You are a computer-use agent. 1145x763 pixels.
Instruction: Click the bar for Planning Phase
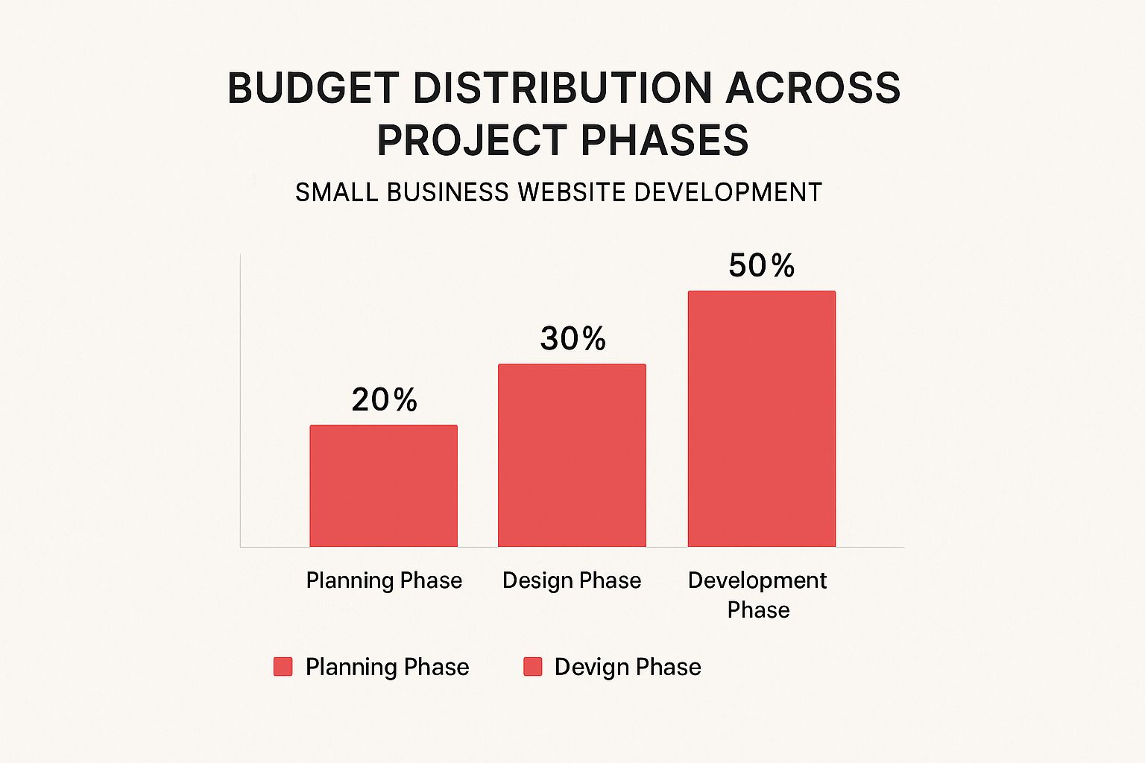coord(383,486)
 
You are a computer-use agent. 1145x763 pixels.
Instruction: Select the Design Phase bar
coord(572,455)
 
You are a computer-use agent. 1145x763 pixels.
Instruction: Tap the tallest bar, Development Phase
coord(761,419)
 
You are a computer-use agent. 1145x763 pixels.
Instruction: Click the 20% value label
coord(384,400)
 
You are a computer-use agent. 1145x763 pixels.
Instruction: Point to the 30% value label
coord(572,339)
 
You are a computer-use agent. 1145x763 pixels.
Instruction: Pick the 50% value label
coord(761,266)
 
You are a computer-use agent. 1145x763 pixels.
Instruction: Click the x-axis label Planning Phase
coord(384,580)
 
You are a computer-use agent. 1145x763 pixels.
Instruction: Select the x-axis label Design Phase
coord(572,580)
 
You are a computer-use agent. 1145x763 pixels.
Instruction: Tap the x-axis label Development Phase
coord(757,595)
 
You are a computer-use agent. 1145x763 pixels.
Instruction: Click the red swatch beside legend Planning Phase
coord(283,667)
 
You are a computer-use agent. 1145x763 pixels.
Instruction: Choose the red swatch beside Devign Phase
coord(532,667)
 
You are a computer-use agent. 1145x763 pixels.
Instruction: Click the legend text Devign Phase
coord(628,667)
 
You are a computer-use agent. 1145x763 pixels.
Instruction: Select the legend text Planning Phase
coord(387,667)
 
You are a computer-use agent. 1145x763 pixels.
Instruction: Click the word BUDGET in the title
coord(313,88)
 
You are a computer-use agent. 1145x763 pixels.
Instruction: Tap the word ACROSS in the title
coord(813,88)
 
